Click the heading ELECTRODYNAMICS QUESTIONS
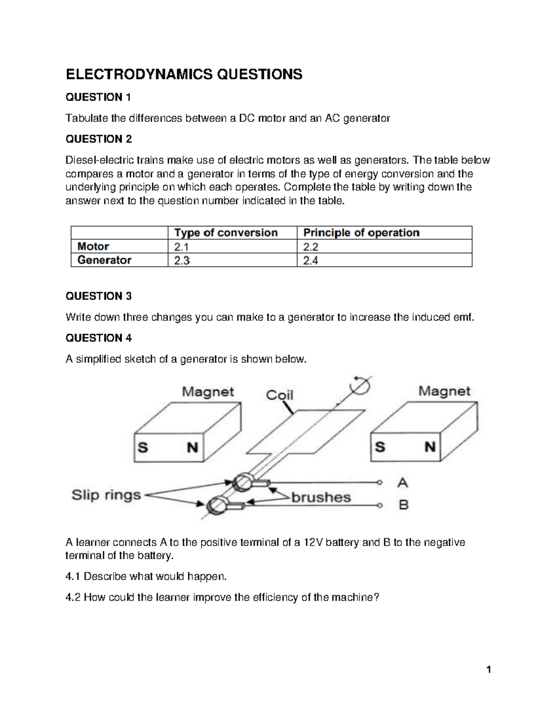pos(184,74)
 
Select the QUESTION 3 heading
pos(98,296)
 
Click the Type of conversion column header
pos(226,233)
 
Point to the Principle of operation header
pos(361,233)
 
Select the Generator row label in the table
pos(104,260)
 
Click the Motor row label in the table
pos(93,247)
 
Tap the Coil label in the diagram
pos(279,395)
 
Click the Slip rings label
pos(106,495)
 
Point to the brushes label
pos(321,497)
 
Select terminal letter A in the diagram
pos(402,483)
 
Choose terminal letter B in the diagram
pos(403,504)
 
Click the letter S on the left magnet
pos(143,447)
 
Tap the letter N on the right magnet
pos(430,447)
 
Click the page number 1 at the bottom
pos(488,669)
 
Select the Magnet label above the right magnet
pos(444,391)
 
